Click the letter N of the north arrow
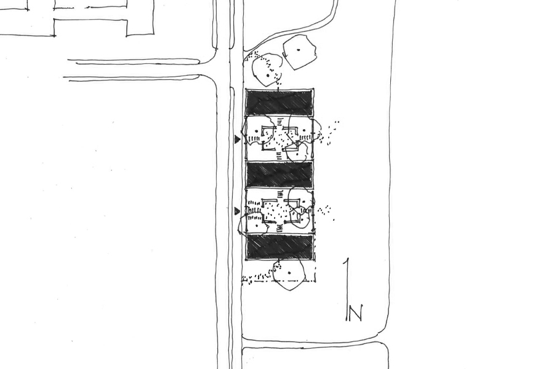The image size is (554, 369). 355,313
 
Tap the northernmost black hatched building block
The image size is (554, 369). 279,103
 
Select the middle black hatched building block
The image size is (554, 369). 279,175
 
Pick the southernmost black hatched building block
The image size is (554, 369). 279,246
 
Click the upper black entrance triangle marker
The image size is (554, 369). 238,140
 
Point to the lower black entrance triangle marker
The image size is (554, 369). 237,212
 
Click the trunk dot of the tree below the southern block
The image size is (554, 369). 289,273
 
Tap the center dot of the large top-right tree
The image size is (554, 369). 299,50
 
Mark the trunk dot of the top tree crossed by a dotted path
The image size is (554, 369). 268,75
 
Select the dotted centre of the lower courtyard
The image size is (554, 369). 279,211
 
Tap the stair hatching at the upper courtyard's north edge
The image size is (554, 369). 280,122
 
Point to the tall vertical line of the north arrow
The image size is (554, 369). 348,290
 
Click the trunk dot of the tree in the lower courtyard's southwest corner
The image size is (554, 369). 255,220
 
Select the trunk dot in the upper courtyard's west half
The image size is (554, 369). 257,132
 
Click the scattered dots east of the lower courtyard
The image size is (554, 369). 326,211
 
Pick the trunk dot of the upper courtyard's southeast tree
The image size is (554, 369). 297,154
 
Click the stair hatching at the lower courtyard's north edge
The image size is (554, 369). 281,194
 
